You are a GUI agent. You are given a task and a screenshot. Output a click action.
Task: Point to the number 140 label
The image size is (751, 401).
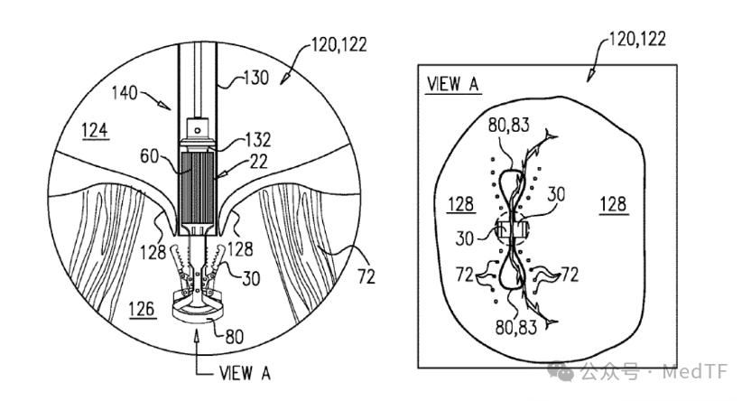point(125,92)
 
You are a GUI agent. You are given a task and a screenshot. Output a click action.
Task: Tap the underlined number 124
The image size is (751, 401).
point(95,130)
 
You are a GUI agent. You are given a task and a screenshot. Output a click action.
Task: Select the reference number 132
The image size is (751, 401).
point(257,139)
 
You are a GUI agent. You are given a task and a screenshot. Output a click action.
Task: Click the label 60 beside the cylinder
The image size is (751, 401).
point(149,155)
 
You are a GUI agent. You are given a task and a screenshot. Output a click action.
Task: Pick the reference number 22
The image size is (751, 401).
point(259,162)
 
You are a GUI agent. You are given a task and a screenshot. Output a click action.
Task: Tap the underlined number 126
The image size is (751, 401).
point(142,310)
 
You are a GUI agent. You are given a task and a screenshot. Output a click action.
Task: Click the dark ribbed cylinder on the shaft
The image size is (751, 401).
point(198,188)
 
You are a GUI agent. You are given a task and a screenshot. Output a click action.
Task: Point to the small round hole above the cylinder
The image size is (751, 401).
point(197,128)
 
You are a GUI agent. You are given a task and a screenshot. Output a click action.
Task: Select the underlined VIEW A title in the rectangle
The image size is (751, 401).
point(452,84)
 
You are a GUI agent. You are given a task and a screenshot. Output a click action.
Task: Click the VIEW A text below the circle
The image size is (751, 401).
point(245,373)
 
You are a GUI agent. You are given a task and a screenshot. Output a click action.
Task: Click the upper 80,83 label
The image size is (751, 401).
point(509,125)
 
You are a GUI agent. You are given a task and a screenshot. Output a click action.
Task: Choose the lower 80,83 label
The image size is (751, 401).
point(515,328)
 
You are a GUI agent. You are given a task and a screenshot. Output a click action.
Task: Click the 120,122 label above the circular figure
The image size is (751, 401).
point(339,44)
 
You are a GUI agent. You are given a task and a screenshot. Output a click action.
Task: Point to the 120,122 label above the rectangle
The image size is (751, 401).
point(637,39)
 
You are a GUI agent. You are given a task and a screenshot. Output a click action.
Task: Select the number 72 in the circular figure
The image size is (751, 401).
point(366,276)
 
